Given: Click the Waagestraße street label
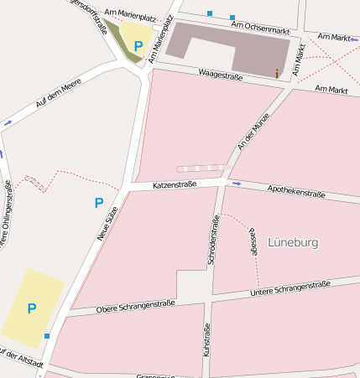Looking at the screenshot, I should pyautogui.click(x=220, y=75).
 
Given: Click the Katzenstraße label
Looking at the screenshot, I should pyautogui.click(x=174, y=184).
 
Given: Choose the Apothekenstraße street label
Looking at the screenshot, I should pyautogui.click(x=295, y=192).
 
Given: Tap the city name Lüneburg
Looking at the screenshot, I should pyautogui.click(x=292, y=242).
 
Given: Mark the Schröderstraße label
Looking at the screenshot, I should pyautogui.click(x=214, y=240).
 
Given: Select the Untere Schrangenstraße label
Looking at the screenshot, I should pyautogui.click(x=290, y=289).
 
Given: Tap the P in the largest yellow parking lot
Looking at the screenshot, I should pyautogui.click(x=32, y=308).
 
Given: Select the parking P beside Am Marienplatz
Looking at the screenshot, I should pyautogui.click(x=138, y=46).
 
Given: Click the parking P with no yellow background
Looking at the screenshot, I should pyautogui.click(x=98, y=203).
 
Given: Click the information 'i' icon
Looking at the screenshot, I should pyautogui.click(x=277, y=74).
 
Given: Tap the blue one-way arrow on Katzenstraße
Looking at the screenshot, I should pyautogui.click(x=236, y=183).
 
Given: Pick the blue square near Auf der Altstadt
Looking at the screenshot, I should pyautogui.click(x=47, y=336).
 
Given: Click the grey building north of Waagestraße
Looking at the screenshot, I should pyautogui.click(x=227, y=47).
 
